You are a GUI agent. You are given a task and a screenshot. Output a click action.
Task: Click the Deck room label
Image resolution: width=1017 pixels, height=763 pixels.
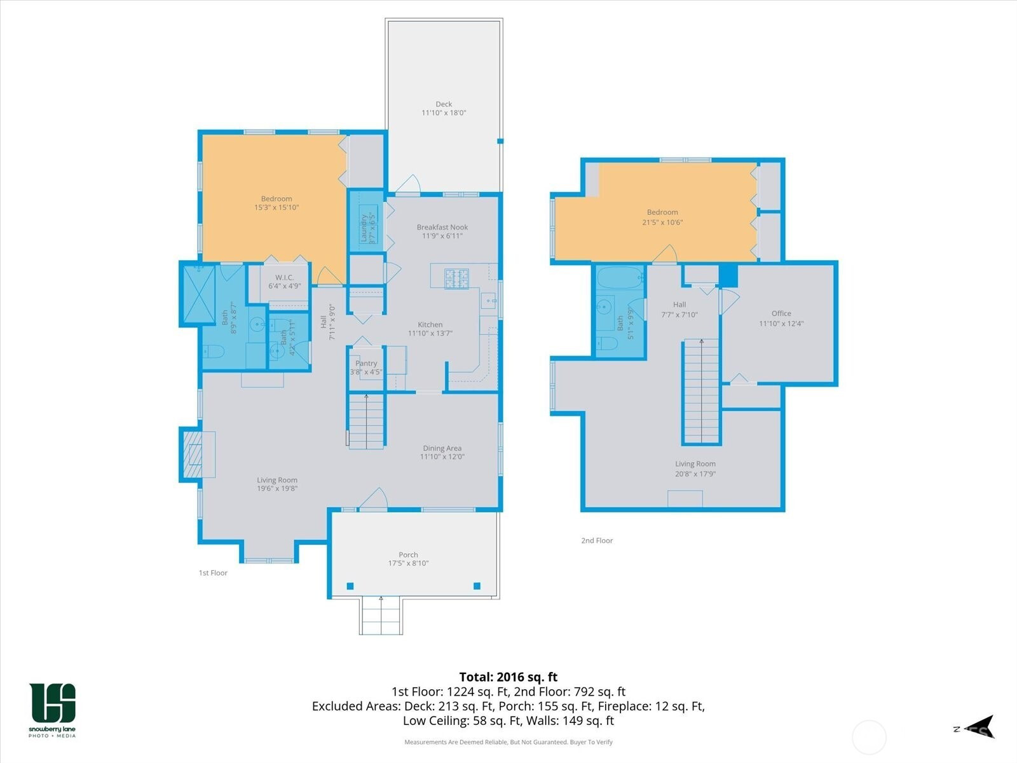click(444, 104)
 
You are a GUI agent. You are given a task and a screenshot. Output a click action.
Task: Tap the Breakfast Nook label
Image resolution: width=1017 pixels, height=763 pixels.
click(442, 227)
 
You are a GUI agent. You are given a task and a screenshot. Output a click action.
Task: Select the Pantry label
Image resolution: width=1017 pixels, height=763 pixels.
click(366, 363)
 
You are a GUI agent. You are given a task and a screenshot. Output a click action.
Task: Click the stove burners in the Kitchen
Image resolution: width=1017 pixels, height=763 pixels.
click(456, 279)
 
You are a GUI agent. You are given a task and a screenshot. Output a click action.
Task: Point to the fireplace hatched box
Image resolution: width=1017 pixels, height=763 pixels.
click(193, 455)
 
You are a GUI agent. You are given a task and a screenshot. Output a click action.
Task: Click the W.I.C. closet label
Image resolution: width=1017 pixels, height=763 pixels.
click(284, 277)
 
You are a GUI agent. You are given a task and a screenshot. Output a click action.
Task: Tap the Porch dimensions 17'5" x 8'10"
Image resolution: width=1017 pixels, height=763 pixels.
click(408, 563)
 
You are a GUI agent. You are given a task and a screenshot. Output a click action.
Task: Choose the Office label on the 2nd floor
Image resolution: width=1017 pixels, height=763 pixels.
click(781, 313)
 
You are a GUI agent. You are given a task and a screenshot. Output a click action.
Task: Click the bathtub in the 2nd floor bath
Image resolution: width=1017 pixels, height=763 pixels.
click(620, 278)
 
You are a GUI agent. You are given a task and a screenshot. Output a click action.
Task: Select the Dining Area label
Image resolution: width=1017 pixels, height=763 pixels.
click(442, 448)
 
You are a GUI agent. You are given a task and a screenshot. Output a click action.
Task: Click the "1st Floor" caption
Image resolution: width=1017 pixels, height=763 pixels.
click(213, 573)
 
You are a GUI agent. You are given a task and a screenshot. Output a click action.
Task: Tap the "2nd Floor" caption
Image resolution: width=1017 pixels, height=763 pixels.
click(597, 540)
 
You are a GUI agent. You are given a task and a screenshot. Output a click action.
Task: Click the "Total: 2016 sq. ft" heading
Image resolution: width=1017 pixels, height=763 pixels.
click(508, 677)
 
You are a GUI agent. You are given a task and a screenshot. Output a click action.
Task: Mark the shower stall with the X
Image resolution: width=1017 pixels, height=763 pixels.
click(199, 294)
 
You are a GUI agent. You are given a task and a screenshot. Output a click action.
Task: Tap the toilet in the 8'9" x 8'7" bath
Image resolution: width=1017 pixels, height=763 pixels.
click(213, 352)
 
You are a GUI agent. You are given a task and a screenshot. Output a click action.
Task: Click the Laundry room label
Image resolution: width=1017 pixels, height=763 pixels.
click(364, 228)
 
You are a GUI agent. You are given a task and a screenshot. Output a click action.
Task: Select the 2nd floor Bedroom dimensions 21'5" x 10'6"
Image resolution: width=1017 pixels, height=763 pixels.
click(662, 223)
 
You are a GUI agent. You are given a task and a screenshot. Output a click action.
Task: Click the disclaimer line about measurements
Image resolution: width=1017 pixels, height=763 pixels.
click(508, 742)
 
